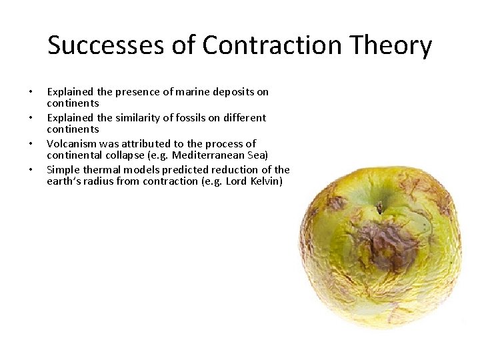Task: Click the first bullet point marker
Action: [30, 92]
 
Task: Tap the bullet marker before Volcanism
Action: [30, 144]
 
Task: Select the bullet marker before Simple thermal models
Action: [30, 170]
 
